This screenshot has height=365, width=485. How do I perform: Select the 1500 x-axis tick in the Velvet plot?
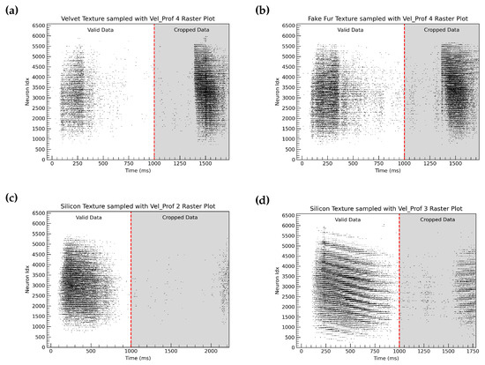point(205,165)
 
